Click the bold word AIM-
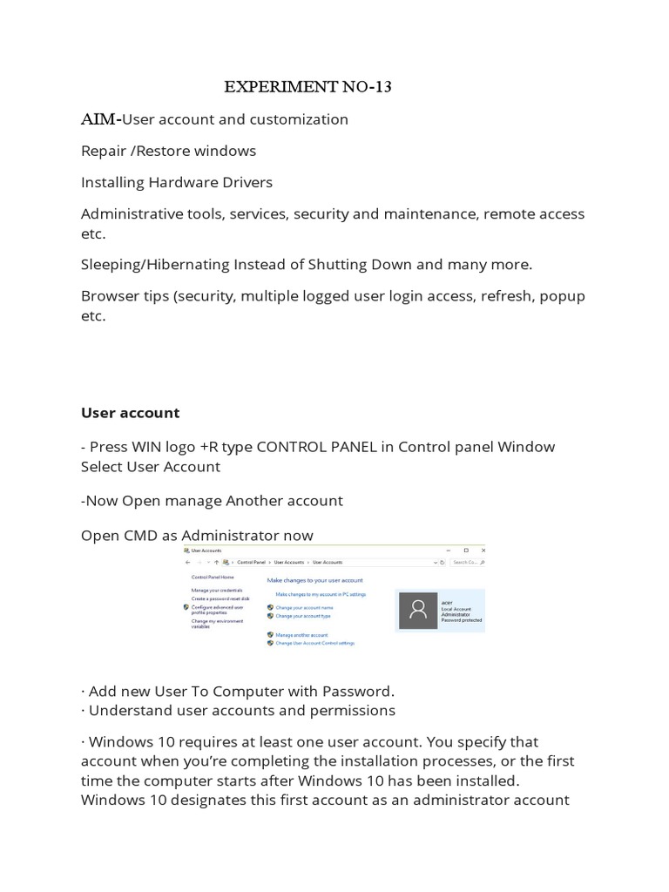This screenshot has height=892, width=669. pos(100,119)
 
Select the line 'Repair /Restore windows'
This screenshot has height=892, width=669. pos(168,151)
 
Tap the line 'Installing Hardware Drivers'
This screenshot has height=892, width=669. pos(177,182)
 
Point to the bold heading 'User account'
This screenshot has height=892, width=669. pos(130,413)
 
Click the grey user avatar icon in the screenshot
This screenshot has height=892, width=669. pos(417,611)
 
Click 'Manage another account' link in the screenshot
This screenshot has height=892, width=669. pos(301,635)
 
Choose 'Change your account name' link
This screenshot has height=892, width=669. pos(304,607)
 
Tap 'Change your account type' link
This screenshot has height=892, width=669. pos(303,616)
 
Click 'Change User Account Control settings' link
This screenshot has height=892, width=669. pos(314,643)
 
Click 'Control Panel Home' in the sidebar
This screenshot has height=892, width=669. pos(213,578)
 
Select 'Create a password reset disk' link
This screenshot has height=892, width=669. pos(220,598)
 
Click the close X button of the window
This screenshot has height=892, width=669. pos(479,551)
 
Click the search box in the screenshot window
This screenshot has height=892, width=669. pos(467,563)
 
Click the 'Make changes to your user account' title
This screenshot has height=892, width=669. pos(314,580)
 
